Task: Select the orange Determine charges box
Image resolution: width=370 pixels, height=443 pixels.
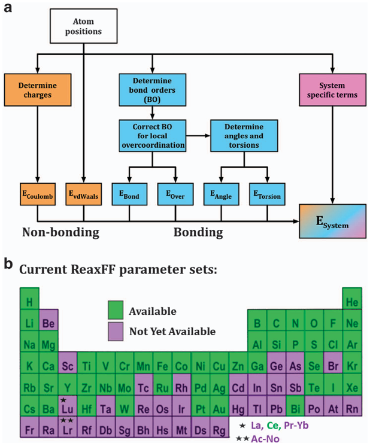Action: coord(38,89)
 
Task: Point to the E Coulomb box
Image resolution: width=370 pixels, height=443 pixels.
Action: coord(38,194)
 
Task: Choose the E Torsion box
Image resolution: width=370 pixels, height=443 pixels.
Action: coord(266,194)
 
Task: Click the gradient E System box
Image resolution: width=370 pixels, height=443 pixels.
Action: coord(333,221)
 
